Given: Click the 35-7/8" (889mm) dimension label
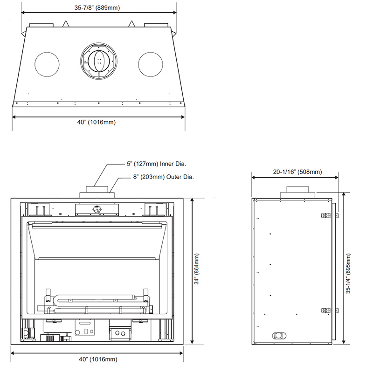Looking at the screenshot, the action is point(97,7).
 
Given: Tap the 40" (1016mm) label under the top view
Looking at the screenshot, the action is point(97,122).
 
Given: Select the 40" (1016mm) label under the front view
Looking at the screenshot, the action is point(98,359).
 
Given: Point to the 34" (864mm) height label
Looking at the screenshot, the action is point(197,269).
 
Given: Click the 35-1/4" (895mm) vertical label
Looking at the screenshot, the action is point(348,274).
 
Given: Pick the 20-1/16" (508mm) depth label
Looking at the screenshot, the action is point(297,172).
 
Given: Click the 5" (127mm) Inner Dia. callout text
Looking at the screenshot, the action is point(156,164).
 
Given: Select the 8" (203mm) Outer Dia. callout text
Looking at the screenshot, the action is point(163,177).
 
